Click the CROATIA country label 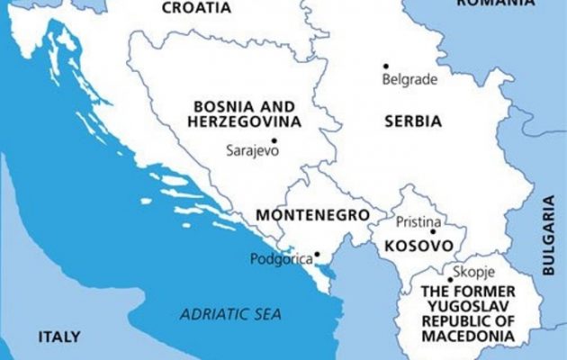click(195, 8)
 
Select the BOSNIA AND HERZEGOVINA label click(244, 112)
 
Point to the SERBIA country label click(413, 121)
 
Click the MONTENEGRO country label click(312, 216)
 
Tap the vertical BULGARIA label click(548, 234)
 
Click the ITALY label click(58, 337)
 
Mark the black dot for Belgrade click(386, 66)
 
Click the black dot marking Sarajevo click(274, 140)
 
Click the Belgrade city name click(409, 79)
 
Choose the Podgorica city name click(281, 259)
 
